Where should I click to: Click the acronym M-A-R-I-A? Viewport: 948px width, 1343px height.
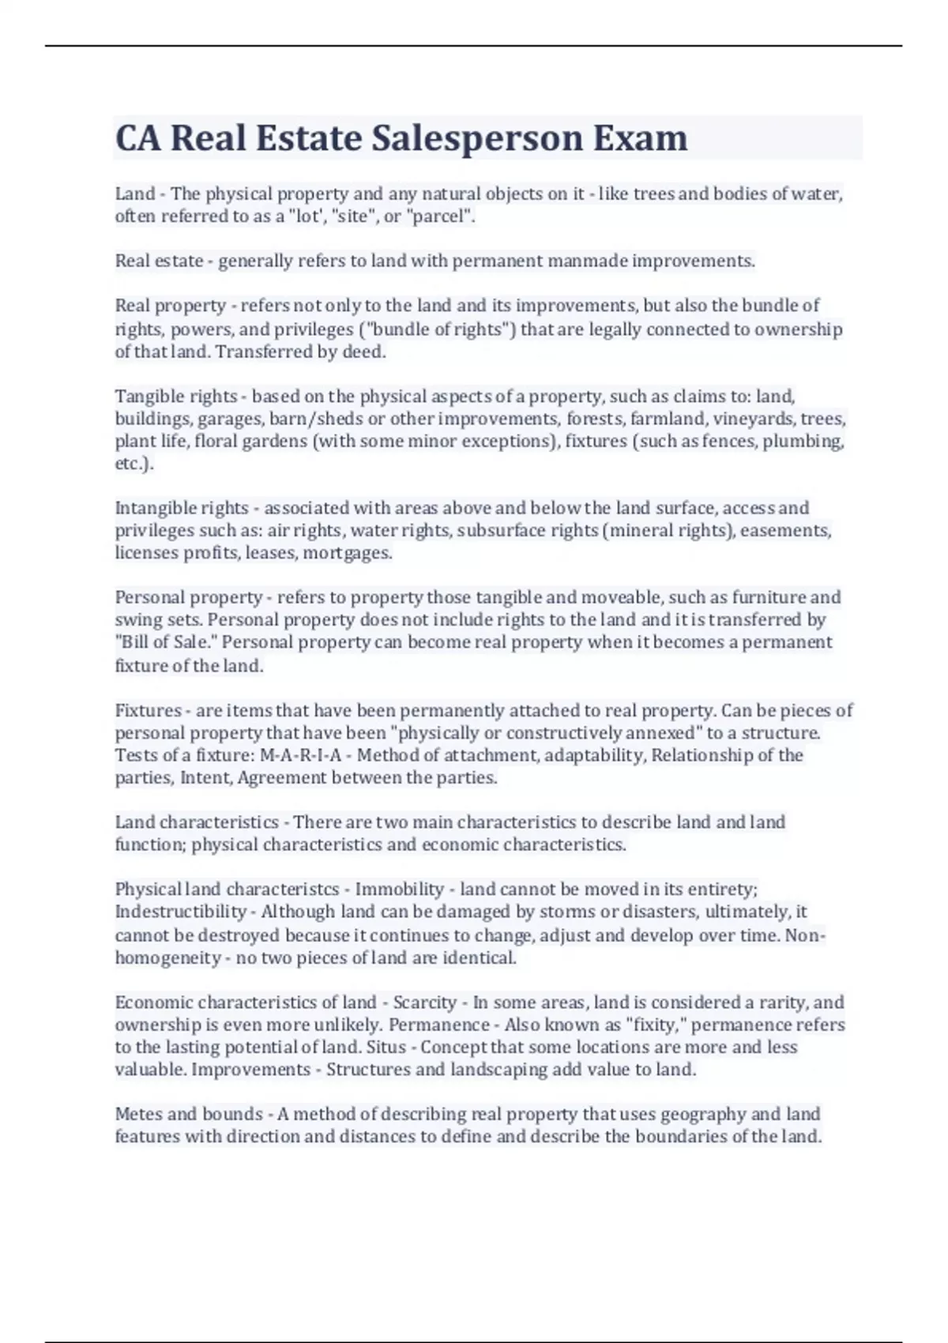click(x=300, y=755)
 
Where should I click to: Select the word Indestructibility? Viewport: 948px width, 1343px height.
click(x=181, y=912)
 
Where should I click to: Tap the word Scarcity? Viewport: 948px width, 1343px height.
click(x=425, y=1003)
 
